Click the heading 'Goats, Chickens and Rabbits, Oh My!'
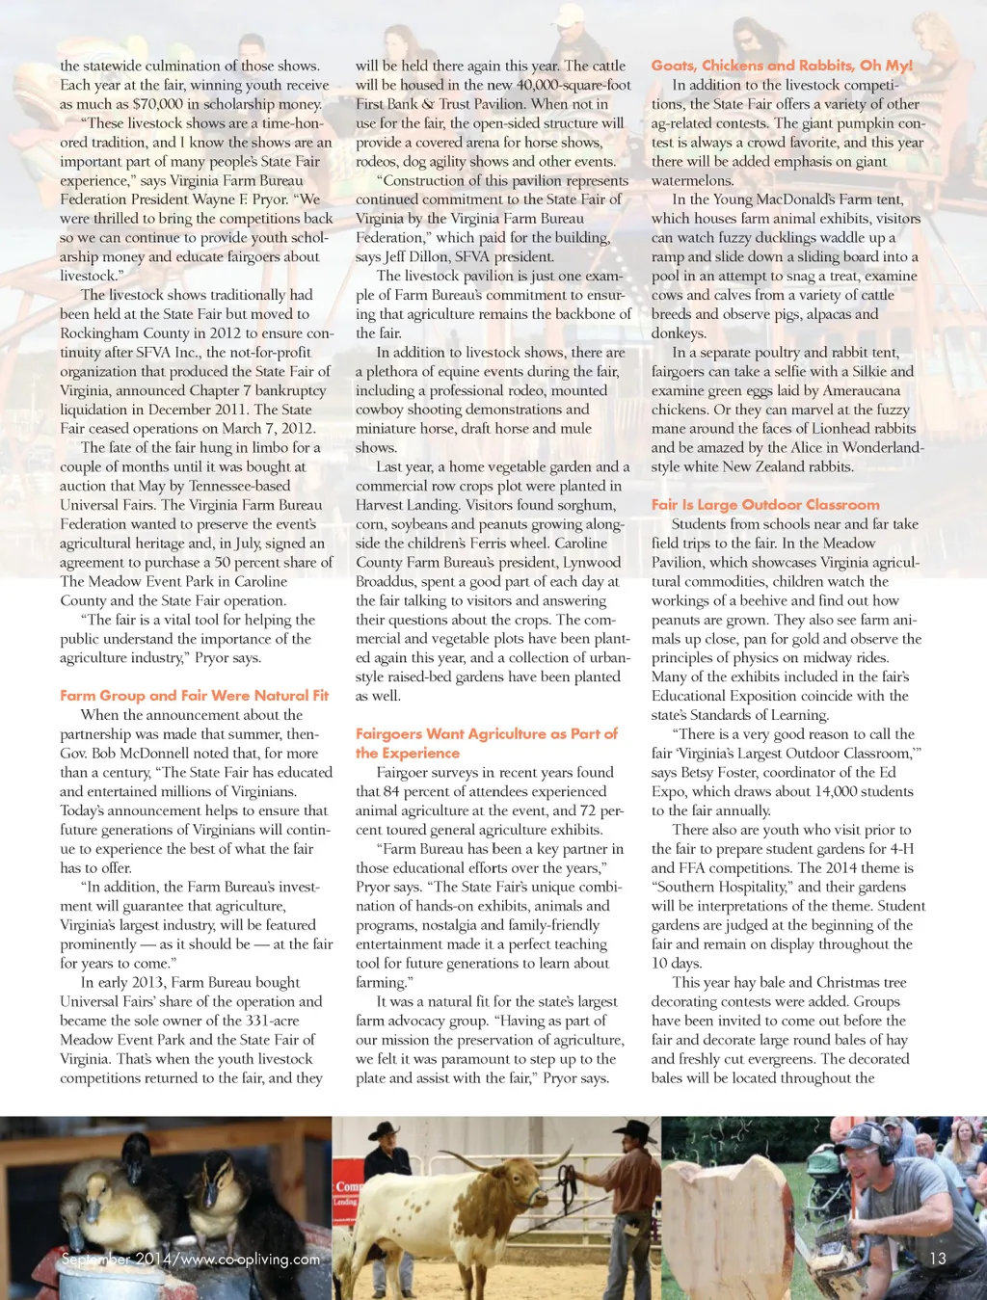coord(782,66)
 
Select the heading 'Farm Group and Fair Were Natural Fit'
coord(194,695)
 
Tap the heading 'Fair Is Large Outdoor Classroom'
coord(765,504)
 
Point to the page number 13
coord(937,1258)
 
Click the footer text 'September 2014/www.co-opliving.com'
coord(190,1259)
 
